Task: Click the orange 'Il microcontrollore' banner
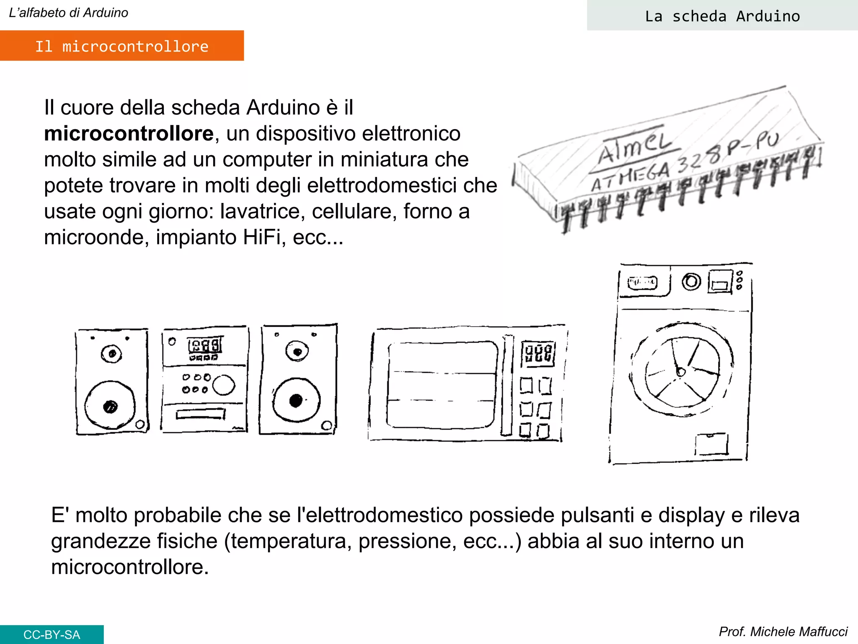[x=121, y=46]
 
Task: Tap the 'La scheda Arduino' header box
[x=722, y=16]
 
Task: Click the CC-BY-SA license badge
[x=52, y=634]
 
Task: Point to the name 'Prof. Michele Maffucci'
[x=783, y=631]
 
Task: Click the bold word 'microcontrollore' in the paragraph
[x=129, y=134]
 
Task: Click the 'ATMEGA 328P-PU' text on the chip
[x=683, y=164]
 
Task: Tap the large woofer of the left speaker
[x=110, y=405]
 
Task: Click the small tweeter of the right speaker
[x=297, y=351]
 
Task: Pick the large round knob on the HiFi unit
[x=223, y=385]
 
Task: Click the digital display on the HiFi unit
[x=205, y=345]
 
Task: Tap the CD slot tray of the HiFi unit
[x=200, y=414]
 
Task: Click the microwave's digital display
[x=538, y=353]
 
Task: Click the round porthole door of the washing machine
[x=682, y=370]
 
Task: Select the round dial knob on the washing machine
[x=691, y=282]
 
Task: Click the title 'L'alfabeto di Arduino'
[x=68, y=13]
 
